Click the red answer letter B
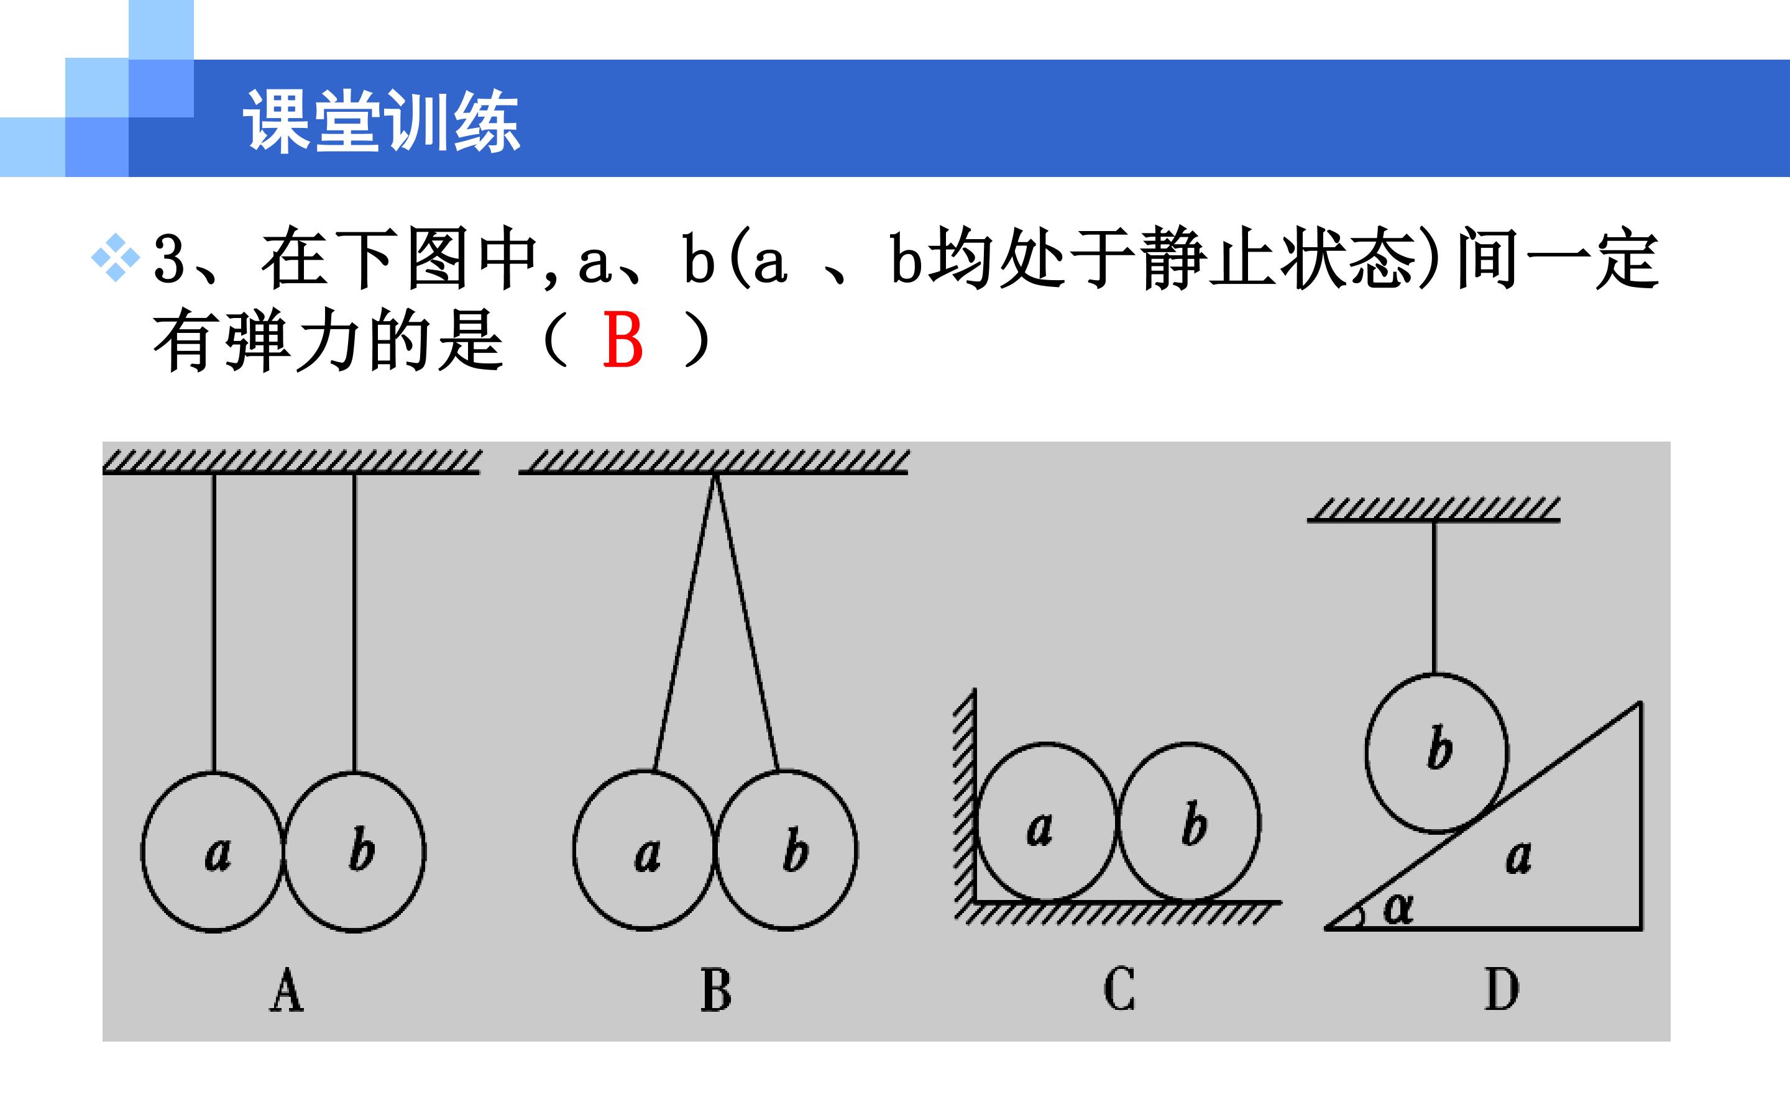coord(623,340)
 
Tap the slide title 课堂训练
coord(382,122)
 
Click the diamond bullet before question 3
coord(116,258)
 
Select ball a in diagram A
coord(213,851)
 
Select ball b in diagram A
coord(354,851)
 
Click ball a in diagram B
coord(645,850)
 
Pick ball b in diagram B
coord(786,850)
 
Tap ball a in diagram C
coord(1046,822)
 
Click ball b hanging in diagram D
coord(1436,753)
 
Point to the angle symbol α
coord(1397,908)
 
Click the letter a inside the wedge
coord(1518,858)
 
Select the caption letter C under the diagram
coord(1119,989)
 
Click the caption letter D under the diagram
coord(1502,989)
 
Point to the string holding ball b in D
coord(1435,598)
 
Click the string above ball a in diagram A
coord(214,622)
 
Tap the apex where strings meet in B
coord(715,475)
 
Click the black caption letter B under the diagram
coord(715,990)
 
